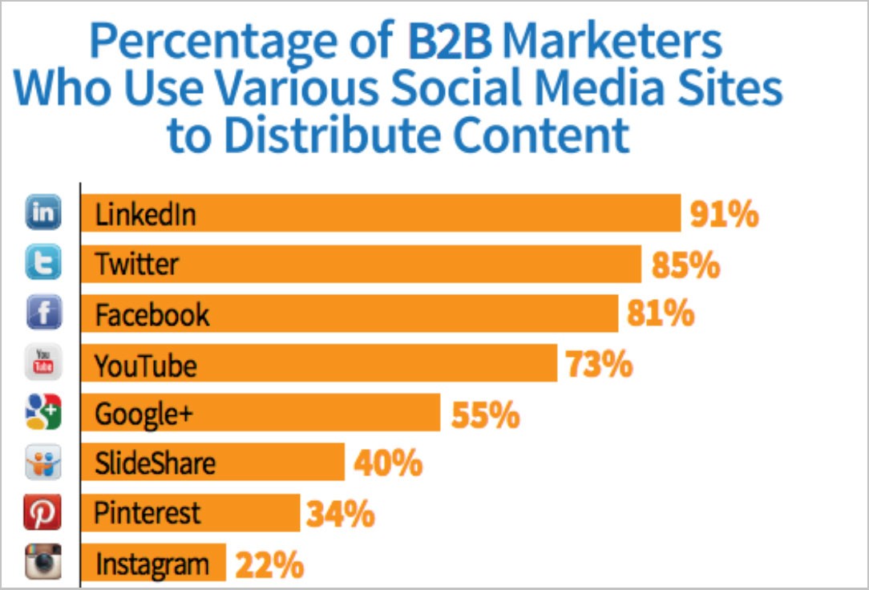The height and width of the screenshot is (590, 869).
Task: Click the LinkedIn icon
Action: [43, 213]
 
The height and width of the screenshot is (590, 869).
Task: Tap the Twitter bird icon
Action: [43, 264]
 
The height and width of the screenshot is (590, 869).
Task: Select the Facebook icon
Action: [43, 313]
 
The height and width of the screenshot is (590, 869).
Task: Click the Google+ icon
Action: [43, 414]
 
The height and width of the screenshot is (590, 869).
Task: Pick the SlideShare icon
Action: [43, 463]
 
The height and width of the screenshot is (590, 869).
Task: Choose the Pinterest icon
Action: [43, 513]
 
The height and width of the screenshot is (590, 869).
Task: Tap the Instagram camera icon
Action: [43, 562]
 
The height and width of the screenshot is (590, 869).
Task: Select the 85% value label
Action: [685, 265]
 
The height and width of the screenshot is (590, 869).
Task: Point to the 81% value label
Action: [661, 314]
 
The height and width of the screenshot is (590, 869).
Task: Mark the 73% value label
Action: [599, 365]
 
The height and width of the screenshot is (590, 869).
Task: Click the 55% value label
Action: [485, 415]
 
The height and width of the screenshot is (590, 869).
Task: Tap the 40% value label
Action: [388, 464]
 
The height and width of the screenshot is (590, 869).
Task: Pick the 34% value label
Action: [340, 514]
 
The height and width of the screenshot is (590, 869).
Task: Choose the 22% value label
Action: [269, 564]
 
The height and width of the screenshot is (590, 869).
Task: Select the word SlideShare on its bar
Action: [155, 463]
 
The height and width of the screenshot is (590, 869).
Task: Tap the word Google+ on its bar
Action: [143, 414]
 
